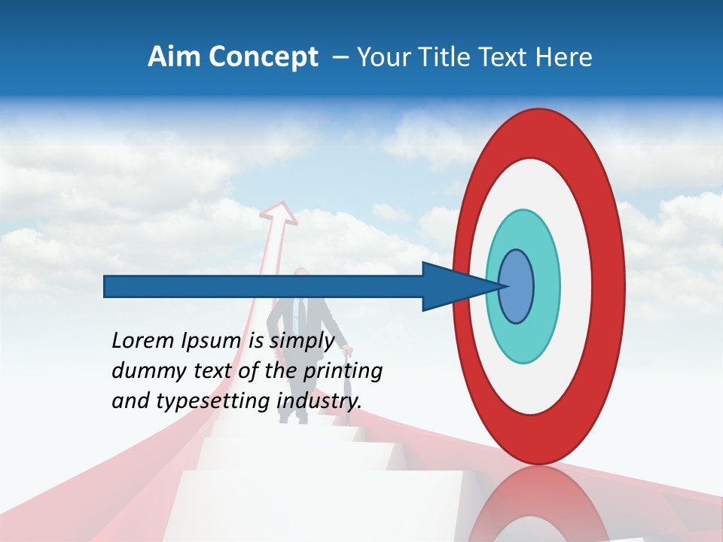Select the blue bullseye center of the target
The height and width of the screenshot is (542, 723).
pyautogui.click(x=516, y=286)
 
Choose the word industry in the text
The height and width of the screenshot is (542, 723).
pyautogui.click(x=319, y=401)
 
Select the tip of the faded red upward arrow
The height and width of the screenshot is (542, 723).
pyautogui.click(x=279, y=204)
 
